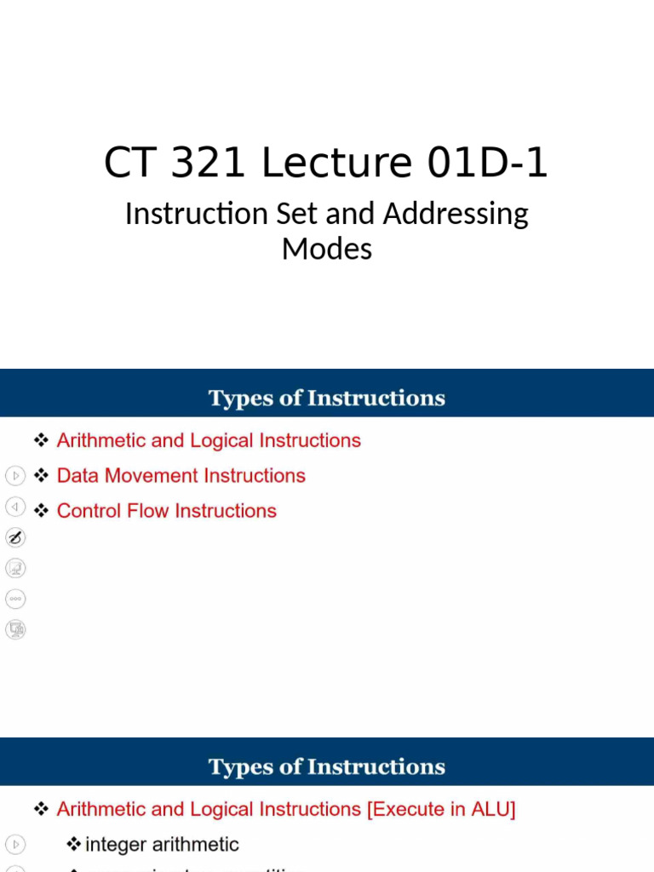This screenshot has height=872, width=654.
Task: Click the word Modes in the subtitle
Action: coord(327,249)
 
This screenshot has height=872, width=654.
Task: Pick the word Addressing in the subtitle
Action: coord(456,214)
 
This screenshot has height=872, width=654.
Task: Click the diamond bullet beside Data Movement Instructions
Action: coord(41,475)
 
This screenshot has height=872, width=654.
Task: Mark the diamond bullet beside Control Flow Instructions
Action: coord(41,510)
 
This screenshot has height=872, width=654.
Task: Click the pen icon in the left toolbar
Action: coord(15,537)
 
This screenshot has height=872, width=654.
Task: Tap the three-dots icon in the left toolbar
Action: coord(15,599)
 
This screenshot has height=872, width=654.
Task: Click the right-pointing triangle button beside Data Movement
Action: coord(15,475)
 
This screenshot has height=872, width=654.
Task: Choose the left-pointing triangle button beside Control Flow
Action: coord(15,507)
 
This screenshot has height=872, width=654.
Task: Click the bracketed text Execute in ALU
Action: coord(441,809)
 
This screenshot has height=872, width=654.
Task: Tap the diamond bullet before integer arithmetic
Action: coord(74,844)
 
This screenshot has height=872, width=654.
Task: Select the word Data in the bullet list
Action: coord(77,475)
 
